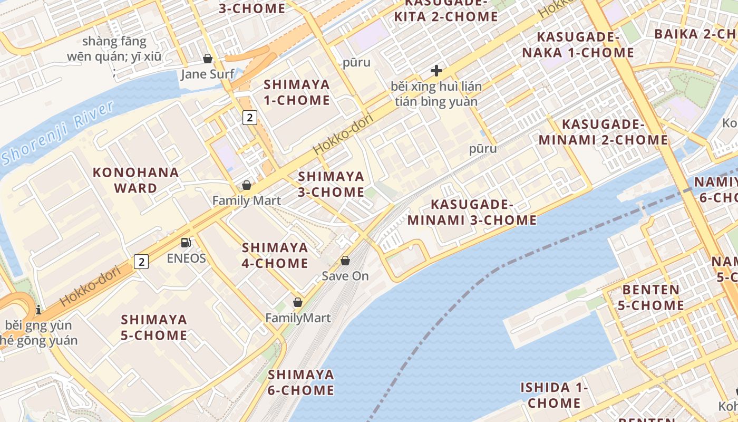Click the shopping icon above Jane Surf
(208, 59)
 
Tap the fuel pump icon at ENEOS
(186, 243)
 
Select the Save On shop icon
(345, 261)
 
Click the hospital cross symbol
(436, 71)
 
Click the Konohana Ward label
(135, 180)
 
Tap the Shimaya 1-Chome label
(297, 92)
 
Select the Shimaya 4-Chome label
(275, 255)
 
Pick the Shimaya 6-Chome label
(301, 382)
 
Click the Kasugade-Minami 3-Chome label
(472, 212)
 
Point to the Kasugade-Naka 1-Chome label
(578, 45)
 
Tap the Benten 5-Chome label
(653, 298)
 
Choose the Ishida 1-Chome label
(554, 395)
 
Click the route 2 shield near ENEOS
(141, 261)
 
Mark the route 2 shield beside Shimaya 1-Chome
(250, 117)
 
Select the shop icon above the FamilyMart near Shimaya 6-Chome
(298, 302)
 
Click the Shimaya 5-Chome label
(154, 327)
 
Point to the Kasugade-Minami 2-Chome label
(603, 132)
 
